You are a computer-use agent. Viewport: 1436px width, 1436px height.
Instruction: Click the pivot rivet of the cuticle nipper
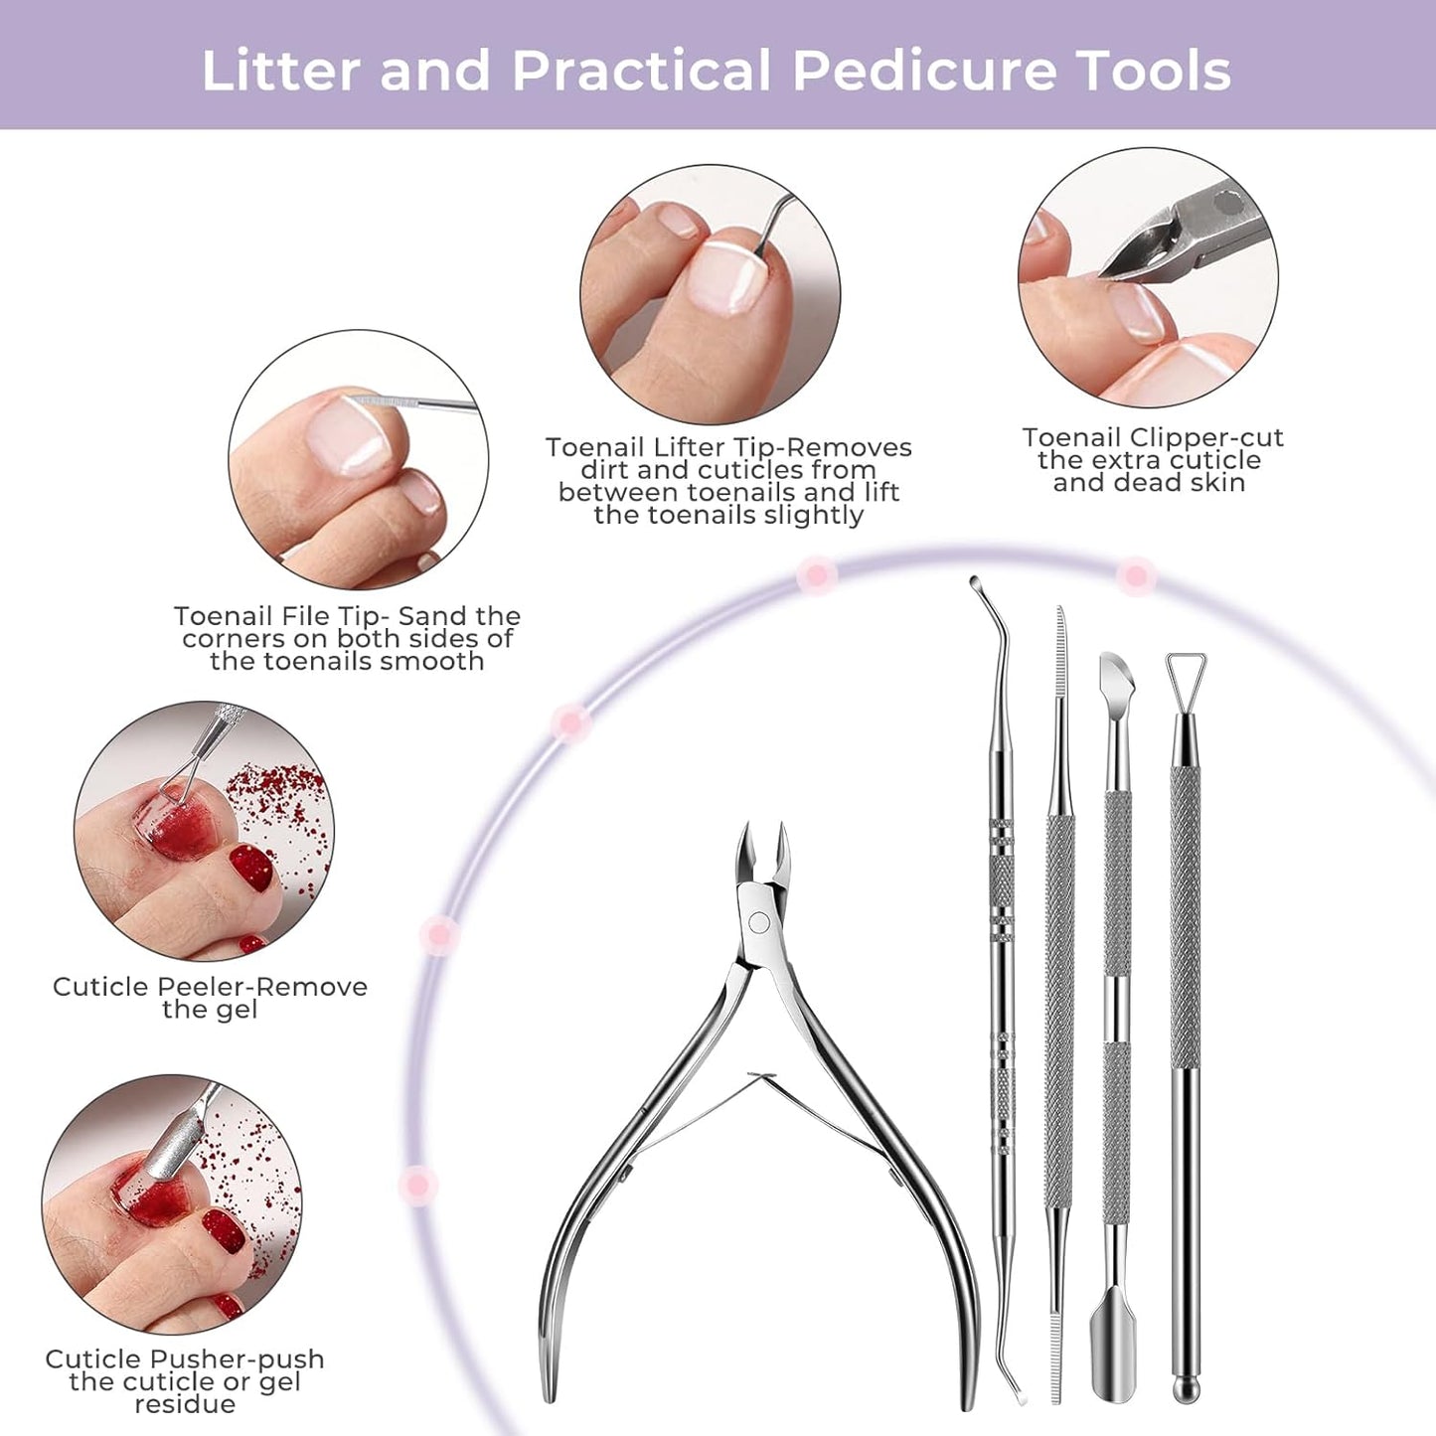coord(759,922)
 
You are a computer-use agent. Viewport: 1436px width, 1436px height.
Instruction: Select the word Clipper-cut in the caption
coord(1206,438)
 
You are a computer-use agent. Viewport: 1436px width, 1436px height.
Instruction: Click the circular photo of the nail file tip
coord(359,460)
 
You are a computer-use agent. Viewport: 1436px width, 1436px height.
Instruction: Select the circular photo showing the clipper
coord(1149,277)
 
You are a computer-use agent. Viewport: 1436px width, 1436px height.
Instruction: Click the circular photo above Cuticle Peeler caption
coord(204,831)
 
